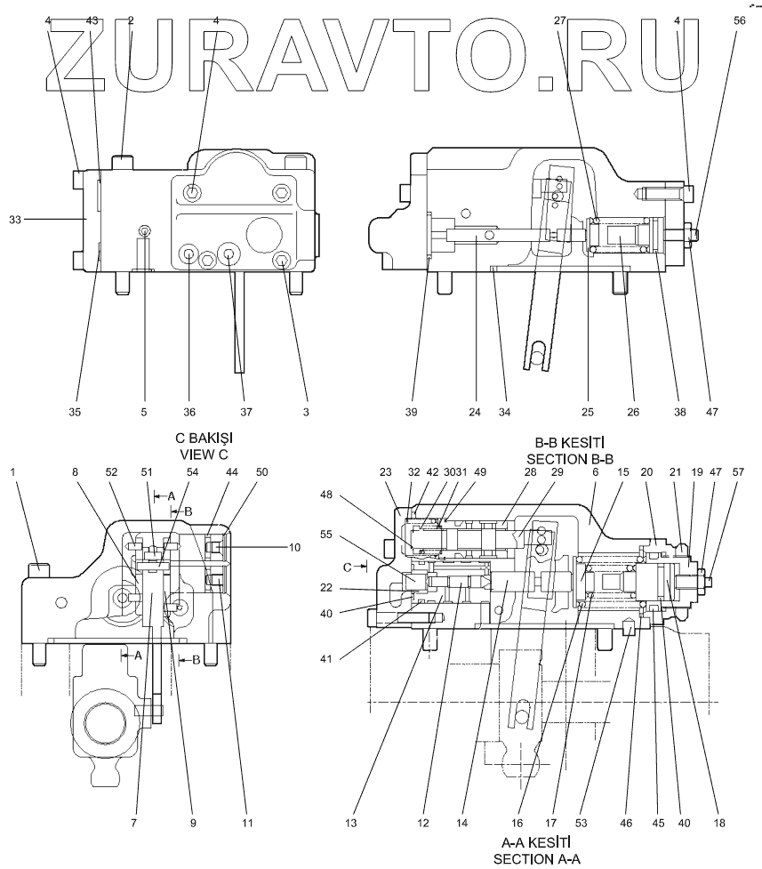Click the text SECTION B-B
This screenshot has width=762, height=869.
574,459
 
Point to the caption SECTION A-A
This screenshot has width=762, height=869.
537,857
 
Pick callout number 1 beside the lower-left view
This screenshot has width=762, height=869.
12,471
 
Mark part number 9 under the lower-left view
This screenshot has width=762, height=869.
191,823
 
